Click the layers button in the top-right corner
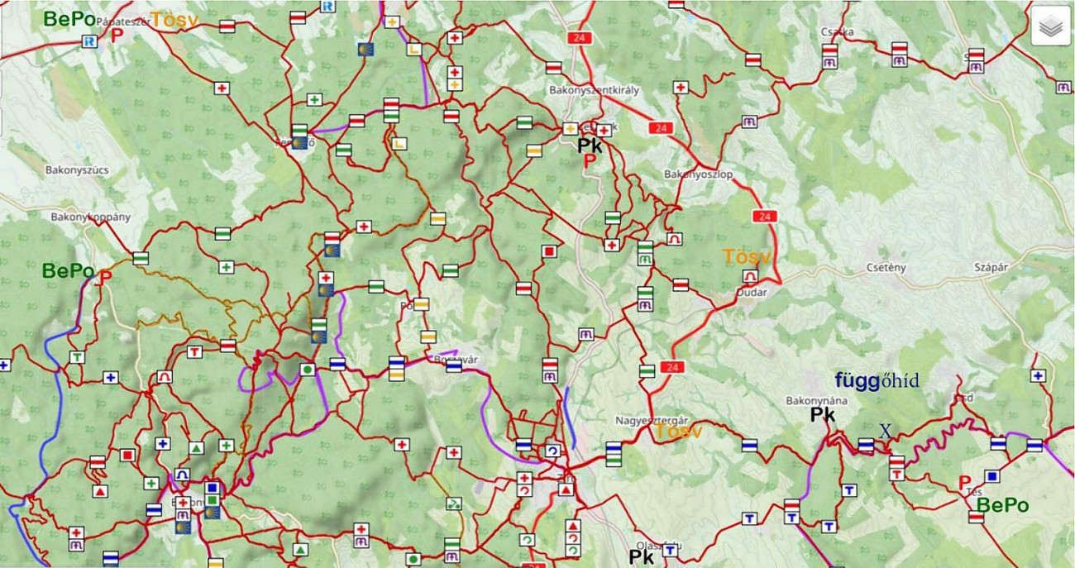tap(1050, 27)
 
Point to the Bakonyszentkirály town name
tap(594, 90)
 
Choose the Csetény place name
tap(887, 267)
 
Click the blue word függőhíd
tap(877, 381)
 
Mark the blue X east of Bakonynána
tap(885, 431)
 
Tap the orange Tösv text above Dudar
tap(746, 257)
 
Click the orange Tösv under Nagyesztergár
tap(679, 432)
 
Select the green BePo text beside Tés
tap(1002, 505)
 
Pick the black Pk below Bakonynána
tap(822, 415)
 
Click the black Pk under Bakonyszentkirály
tap(590, 146)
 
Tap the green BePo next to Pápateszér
tap(69, 17)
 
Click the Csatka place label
tap(837, 32)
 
